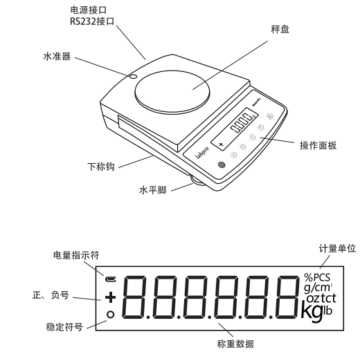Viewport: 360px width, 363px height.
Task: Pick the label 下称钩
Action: coord(102,167)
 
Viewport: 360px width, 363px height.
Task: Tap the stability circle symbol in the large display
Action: coord(109,315)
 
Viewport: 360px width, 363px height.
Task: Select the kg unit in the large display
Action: coord(311,310)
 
